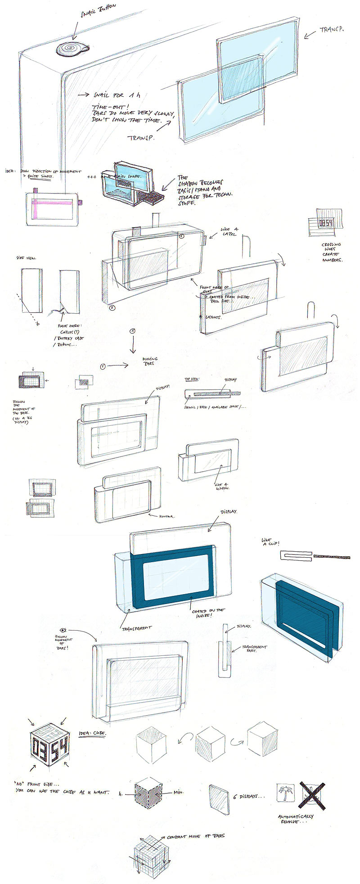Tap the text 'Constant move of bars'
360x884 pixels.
click(196, 836)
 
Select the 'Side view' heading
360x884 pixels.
click(27, 259)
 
